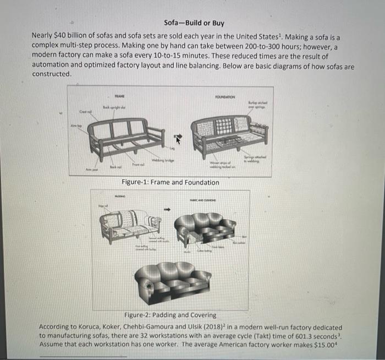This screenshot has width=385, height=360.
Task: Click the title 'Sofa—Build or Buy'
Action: (x=194, y=23)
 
